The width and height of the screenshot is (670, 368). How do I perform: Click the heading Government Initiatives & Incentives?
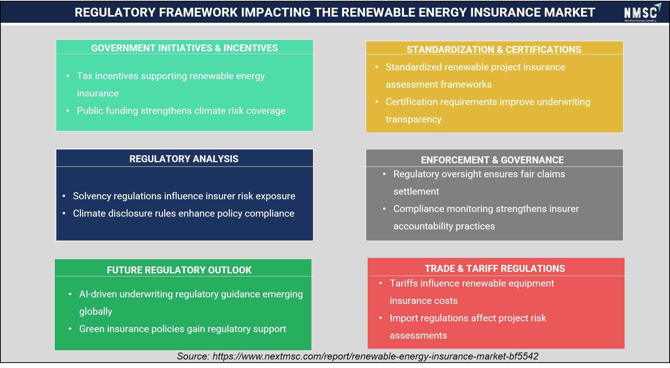click(184, 48)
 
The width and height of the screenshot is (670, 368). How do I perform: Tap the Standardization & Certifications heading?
click(494, 49)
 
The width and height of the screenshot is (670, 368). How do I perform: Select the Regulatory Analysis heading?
click(184, 159)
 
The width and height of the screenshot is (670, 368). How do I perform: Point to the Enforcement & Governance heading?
click(492, 160)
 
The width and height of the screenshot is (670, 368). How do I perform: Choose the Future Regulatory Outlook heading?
click(179, 270)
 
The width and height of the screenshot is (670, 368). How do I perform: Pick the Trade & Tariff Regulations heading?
click(495, 268)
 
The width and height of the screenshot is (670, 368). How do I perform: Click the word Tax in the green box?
click(85, 76)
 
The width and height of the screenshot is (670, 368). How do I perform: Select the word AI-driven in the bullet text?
click(98, 294)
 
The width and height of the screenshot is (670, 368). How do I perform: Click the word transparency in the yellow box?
click(414, 119)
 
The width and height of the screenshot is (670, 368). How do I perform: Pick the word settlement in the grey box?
click(416, 191)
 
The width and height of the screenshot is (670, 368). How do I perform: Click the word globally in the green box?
click(96, 312)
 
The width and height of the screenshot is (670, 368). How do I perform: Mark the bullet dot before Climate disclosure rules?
click(64, 214)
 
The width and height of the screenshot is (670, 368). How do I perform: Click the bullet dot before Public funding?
click(68, 111)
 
